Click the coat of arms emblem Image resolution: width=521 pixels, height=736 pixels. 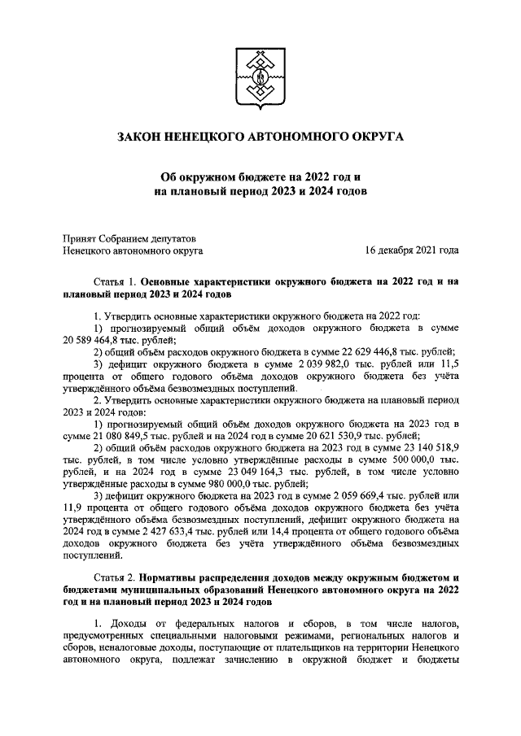click(261, 78)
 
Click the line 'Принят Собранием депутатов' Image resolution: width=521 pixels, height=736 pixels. click(130, 238)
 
